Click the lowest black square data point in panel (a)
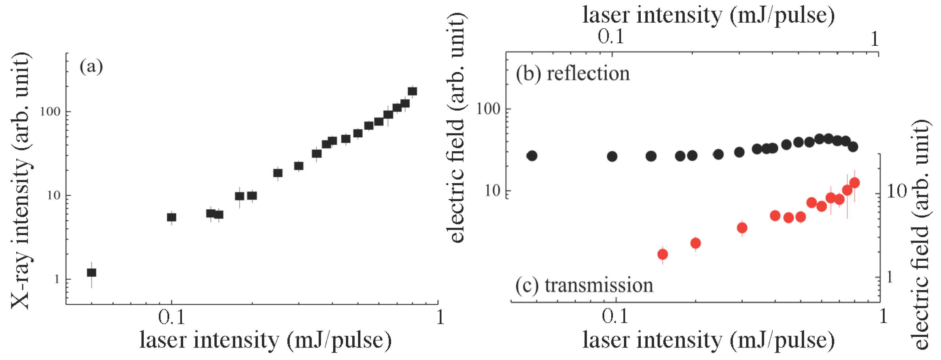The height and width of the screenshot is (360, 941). (x=91, y=272)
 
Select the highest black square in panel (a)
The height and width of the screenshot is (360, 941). (x=413, y=91)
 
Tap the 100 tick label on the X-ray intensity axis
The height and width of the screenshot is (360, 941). (x=50, y=111)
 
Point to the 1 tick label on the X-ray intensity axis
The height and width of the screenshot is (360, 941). (x=57, y=279)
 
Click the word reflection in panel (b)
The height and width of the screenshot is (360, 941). (x=588, y=74)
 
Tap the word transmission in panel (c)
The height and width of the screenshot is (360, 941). (x=599, y=285)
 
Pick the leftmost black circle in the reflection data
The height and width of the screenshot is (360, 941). (x=532, y=156)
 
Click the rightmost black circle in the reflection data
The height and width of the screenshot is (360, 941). (x=853, y=147)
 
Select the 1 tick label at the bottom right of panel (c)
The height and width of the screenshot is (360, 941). (x=883, y=317)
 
